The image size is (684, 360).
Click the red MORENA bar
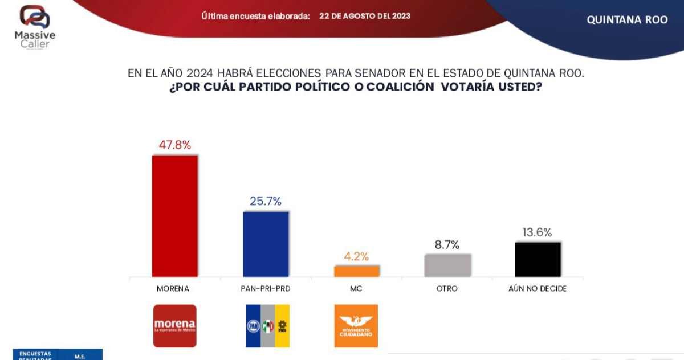[174, 216]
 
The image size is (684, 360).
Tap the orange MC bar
[356, 271]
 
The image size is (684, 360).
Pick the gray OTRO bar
[447, 265]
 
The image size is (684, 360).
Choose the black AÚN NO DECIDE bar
[538, 259]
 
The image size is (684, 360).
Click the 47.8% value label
[174, 145]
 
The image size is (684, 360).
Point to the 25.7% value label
[266, 201]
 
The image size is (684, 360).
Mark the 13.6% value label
[538, 232]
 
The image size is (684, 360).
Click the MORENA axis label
[173, 289]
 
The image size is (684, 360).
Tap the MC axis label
[356, 289]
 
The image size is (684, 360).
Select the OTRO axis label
[447, 289]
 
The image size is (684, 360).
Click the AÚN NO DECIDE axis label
[538, 289]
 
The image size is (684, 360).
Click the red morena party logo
[175, 326]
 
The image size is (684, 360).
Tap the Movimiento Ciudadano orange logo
[356, 326]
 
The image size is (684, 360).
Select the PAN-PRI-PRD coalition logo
[267, 326]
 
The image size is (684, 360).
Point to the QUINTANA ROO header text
[627, 19]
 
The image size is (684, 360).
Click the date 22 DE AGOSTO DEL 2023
[365, 16]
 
